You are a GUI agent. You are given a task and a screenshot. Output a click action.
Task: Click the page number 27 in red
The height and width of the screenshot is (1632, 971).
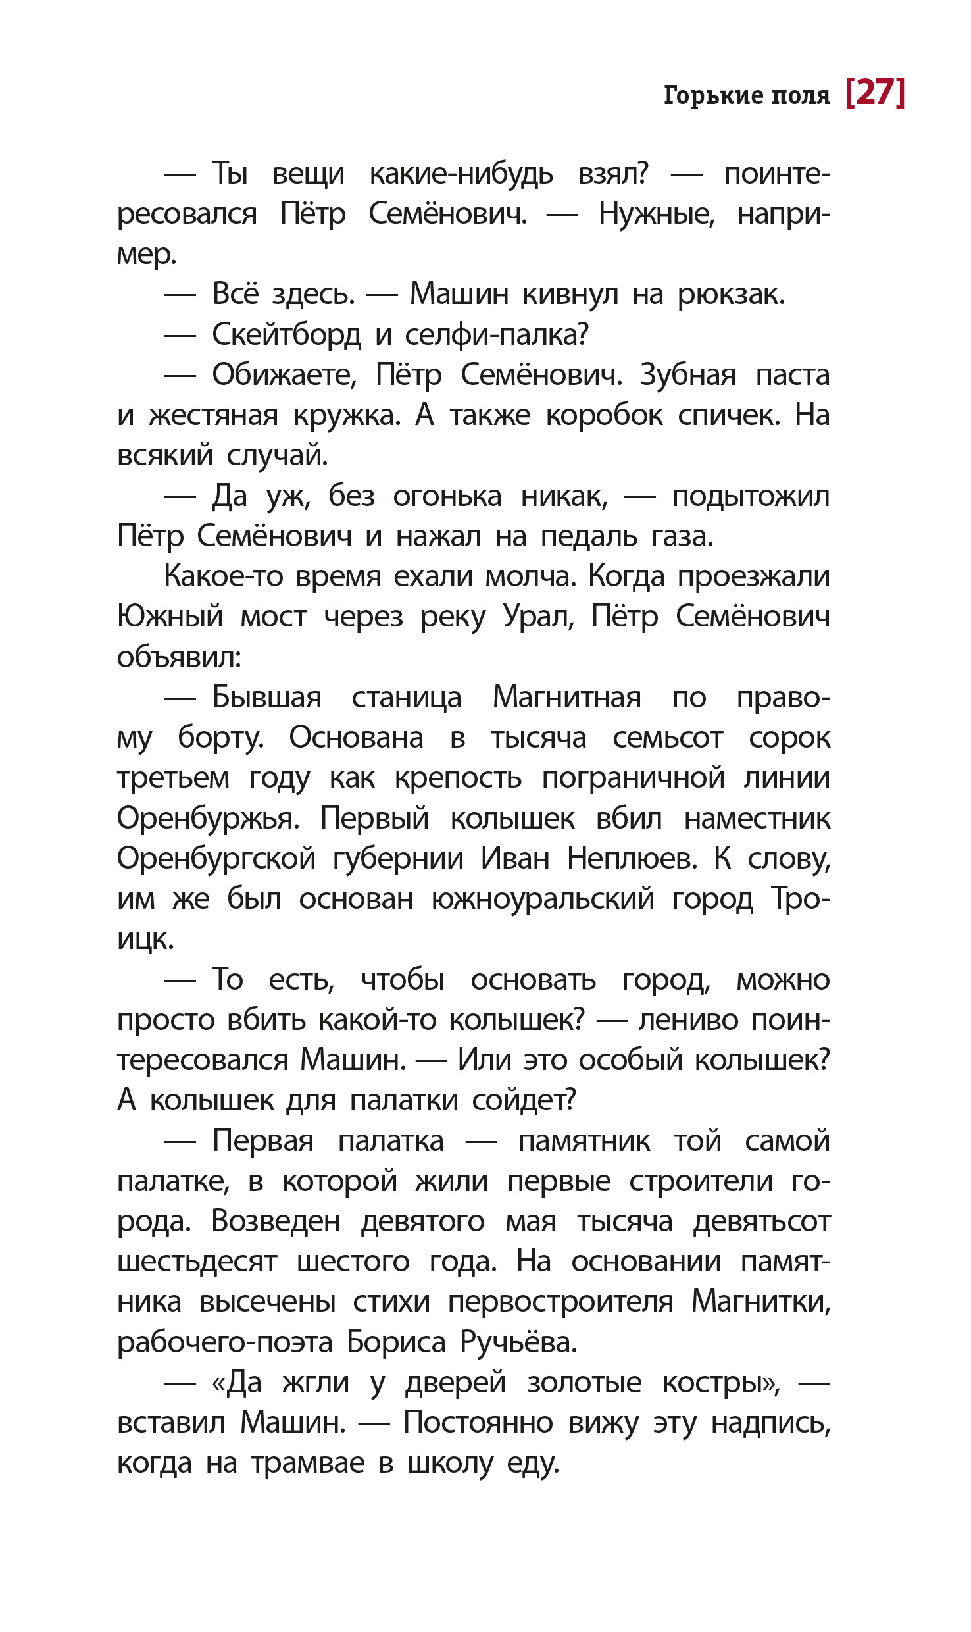875,93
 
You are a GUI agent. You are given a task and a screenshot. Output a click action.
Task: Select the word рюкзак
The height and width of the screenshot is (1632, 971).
731,294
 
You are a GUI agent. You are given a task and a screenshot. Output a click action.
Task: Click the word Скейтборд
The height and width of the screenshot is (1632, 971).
286,335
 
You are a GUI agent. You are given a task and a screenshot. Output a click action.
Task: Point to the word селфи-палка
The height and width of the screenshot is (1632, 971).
496,335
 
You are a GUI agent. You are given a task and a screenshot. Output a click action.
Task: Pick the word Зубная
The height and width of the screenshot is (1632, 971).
687,375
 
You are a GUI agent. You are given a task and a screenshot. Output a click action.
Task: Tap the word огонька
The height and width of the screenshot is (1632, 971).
447,496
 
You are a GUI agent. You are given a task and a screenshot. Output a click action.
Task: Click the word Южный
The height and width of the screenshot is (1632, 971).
170,617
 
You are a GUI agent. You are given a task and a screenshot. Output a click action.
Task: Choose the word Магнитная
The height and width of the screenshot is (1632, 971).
566,698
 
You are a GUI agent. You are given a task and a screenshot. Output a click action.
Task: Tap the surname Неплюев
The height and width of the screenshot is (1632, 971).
632,859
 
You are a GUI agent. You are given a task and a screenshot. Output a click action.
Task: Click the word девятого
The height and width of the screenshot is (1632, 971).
422,1222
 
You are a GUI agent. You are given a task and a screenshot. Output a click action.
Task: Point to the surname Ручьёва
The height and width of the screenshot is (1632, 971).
518,1342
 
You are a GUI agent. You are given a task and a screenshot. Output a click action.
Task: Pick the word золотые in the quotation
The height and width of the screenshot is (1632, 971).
584,1383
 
